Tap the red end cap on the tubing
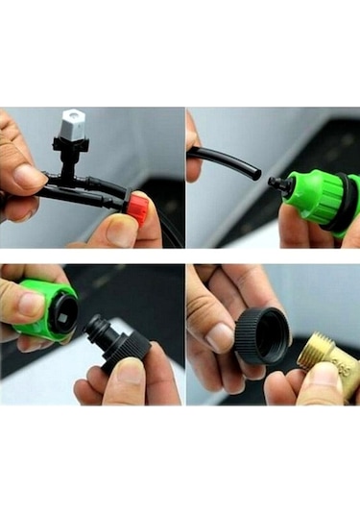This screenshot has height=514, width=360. click(x=138, y=208)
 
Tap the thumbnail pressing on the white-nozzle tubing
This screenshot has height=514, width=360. click(x=29, y=177)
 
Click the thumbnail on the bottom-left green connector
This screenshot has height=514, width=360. click(x=29, y=305)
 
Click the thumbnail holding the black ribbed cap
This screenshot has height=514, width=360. click(x=221, y=337)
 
